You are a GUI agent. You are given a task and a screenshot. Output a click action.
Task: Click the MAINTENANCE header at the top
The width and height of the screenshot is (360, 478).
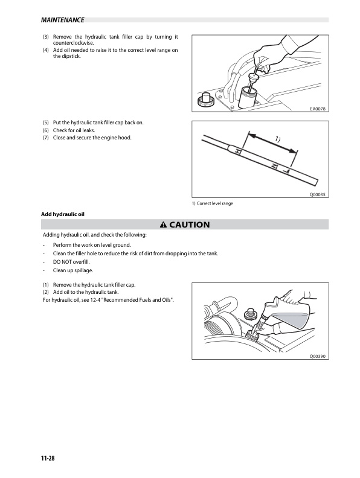pos(63,20)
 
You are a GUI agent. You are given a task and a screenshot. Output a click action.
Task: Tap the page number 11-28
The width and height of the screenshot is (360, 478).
pos(48,458)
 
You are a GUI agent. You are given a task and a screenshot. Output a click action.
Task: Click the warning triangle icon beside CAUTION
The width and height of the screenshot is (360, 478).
pos(163,225)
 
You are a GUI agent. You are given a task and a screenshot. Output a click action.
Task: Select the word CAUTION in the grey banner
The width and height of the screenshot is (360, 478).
pos(190,225)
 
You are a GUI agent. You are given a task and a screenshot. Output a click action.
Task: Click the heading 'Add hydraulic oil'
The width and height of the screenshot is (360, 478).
pos(63,214)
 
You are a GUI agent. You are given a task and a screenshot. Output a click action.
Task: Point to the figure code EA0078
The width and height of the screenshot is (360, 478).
pos(318,109)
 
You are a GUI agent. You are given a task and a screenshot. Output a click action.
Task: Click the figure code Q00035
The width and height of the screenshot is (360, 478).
pos(318,194)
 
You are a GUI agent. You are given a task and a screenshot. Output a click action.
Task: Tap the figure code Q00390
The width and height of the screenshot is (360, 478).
pos(318,356)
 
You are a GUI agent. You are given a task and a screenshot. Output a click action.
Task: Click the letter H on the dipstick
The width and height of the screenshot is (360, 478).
pos(239,151)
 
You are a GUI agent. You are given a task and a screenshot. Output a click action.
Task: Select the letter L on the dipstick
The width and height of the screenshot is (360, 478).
pos(286,171)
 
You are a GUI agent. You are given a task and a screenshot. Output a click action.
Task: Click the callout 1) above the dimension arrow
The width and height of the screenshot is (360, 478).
pos(277,139)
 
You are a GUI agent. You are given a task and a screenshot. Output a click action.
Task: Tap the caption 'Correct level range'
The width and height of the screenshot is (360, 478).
pos(215,203)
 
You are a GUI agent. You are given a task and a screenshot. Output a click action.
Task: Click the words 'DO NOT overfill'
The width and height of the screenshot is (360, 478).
pos(71,262)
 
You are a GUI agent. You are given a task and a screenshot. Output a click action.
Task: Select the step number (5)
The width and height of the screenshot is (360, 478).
pos(46,123)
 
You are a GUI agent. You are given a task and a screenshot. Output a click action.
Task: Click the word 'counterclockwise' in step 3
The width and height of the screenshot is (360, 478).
pos(73,43)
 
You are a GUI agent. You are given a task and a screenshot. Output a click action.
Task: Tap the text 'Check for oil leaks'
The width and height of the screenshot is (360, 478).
pos(74,130)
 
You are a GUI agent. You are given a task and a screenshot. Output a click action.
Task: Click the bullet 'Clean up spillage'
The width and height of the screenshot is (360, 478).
pos(73,270)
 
